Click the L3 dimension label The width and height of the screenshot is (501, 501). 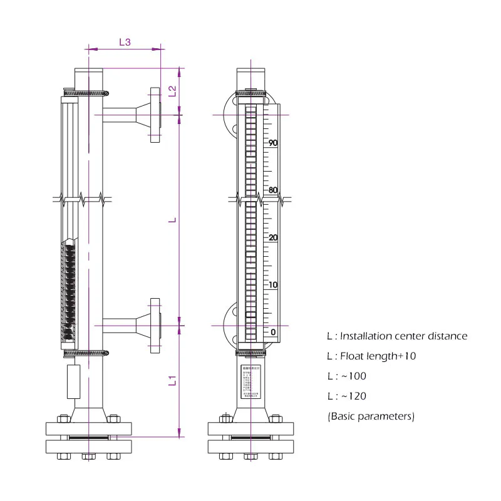pyautogui.click(x=125, y=42)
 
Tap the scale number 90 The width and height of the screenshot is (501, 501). pyautogui.click(x=273, y=143)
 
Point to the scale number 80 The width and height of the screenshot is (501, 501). pyautogui.click(x=273, y=190)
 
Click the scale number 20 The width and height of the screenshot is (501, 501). pyautogui.click(x=273, y=237)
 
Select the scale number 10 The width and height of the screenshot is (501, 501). pyautogui.click(x=273, y=285)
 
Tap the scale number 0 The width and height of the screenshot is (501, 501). pyautogui.click(x=273, y=331)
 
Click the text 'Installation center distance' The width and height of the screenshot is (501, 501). pyautogui.click(x=403, y=336)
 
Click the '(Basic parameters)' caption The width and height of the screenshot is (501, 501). pyautogui.click(x=371, y=416)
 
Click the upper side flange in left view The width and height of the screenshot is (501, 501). pyautogui.click(x=155, y=115)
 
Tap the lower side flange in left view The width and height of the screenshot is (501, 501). pyautogui.click(x=155, y=326)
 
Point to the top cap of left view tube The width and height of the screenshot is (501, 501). pyautogui.click(x=89, y=78)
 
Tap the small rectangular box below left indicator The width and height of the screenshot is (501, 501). pyautogui.click(x=74, y=381)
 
